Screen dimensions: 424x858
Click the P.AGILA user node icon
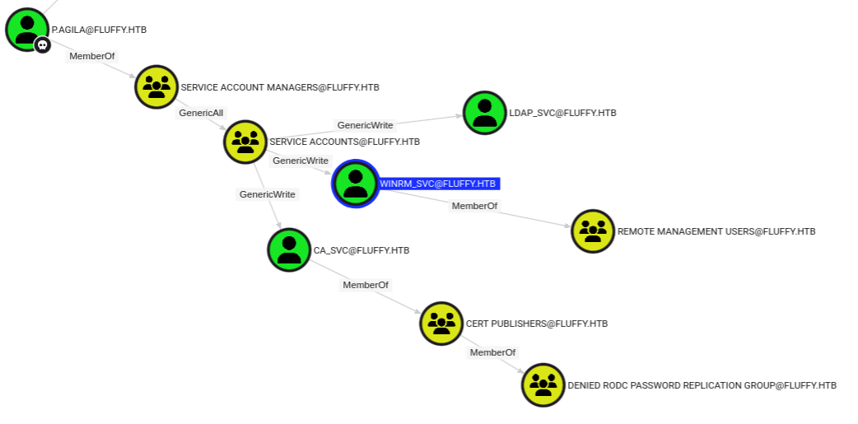click(27, 29)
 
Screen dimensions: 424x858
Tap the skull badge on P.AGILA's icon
click(42, 44)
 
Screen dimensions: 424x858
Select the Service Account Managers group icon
click(156, 86)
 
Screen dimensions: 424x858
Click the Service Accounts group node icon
click(245, 142)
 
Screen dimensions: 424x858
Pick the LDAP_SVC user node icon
click(484, 113)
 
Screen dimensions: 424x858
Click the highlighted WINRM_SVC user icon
click(355, 184)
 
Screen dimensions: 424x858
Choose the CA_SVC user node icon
click(289, 249)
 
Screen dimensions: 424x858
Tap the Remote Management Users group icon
click(593, 231)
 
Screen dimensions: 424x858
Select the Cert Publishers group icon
click(441, 324)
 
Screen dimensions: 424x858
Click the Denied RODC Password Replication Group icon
click(543, 384)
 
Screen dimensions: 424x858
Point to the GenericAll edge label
click(201, 113)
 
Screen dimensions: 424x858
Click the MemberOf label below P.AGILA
click(92, 57)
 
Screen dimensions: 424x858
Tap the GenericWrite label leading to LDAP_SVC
click(365, 125)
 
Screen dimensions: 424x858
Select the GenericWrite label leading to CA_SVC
click(267, 194)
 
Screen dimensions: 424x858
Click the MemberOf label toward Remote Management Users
click(474, 206)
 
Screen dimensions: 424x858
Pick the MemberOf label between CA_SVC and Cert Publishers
click(366, 285)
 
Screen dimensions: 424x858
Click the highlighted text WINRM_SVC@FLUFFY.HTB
click(438, 184)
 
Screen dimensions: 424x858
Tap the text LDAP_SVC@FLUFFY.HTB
click(562, 113)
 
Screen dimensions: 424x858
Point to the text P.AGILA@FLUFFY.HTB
click(99, 30)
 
